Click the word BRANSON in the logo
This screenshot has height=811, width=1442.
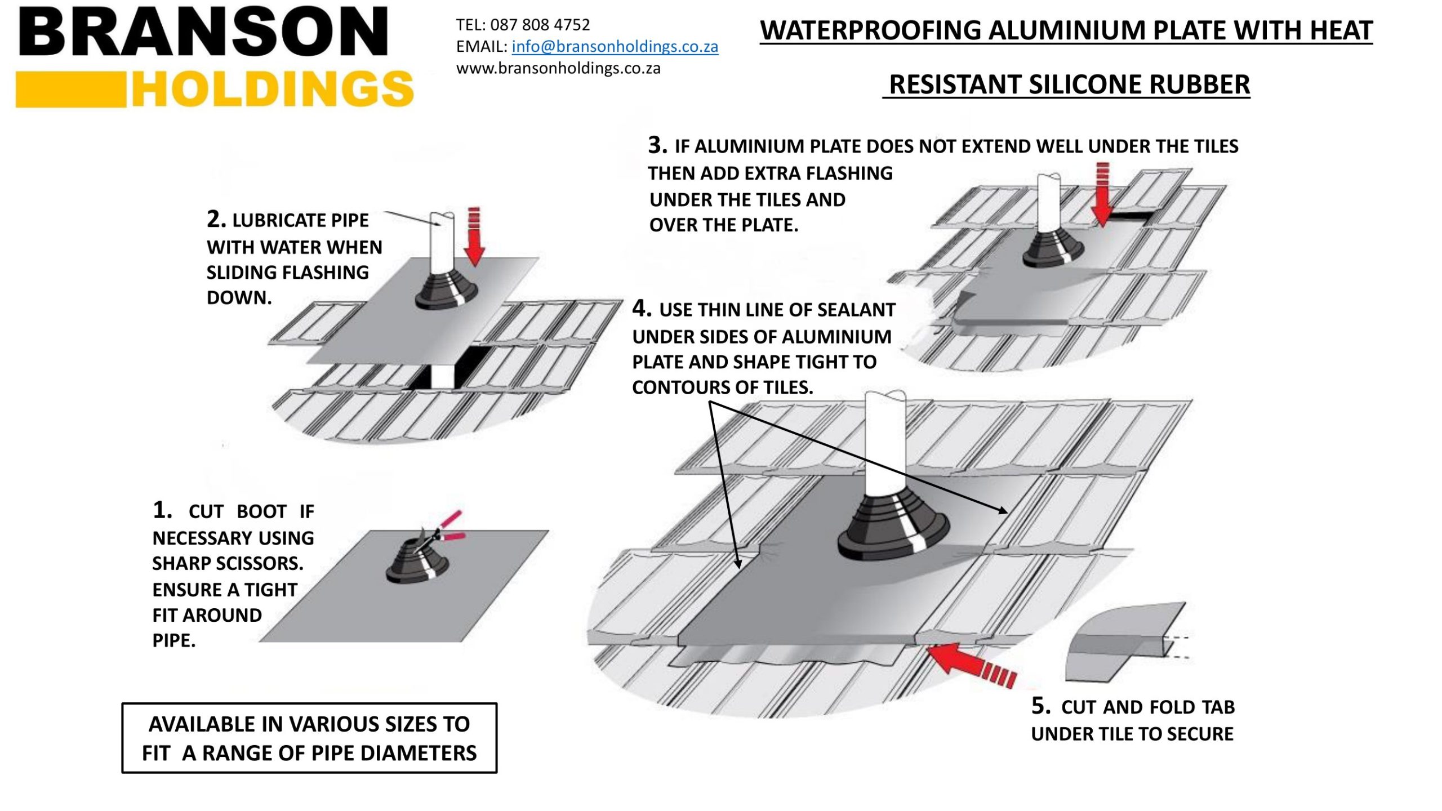[x=203, y=32]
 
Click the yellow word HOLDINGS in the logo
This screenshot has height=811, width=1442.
[x=273, y=89]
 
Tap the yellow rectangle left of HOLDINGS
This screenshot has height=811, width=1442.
[x=70, y=89]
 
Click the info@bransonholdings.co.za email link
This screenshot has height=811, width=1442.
[x=615, y=46]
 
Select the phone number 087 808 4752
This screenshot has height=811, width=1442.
[x=540, y=25]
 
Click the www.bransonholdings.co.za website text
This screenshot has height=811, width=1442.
[x=558, y=68]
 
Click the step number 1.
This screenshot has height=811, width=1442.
[x=162, y=510]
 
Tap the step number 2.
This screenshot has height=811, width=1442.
[x=216, y=219]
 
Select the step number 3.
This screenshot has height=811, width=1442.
[x=657, y=145]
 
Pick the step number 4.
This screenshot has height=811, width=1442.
[x=641, y=308]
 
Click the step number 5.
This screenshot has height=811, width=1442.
[x=1040, y=706]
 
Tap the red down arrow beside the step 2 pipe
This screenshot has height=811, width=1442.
[x=474, y=237]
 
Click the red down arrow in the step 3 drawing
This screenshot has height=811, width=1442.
[x=1102, y=194]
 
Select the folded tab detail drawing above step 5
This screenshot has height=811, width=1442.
[x=1124, y=642]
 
